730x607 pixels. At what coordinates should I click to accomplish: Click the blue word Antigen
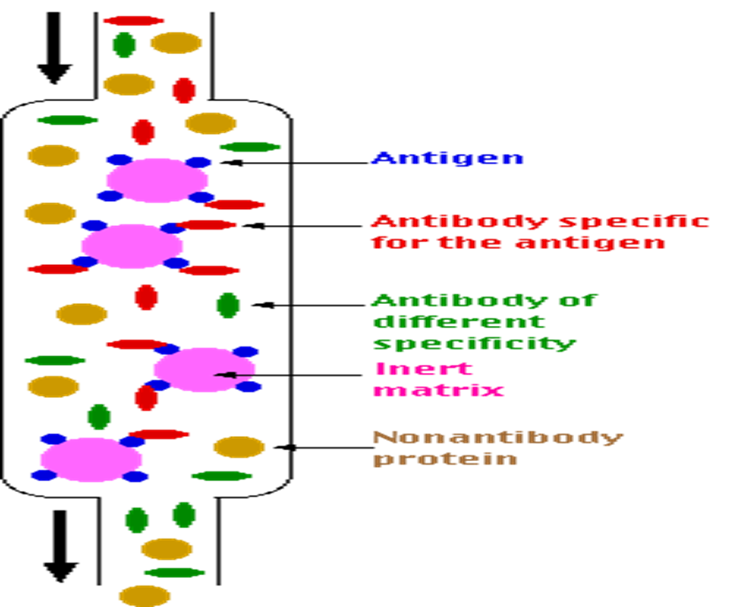(447, 160)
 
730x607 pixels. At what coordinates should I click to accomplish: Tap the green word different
(459, 322)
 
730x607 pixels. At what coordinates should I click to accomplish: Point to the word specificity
(474, 343)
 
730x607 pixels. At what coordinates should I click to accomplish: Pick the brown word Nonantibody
(498, 438)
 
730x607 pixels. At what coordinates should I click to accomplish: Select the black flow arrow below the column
(59, 545)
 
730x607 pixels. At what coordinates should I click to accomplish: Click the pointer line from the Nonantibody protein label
(323, 447)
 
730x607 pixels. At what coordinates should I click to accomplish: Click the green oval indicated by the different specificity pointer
(228, 305)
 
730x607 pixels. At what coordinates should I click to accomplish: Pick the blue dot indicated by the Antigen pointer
(198, 162)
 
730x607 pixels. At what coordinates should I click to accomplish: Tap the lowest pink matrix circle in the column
(90, 459)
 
